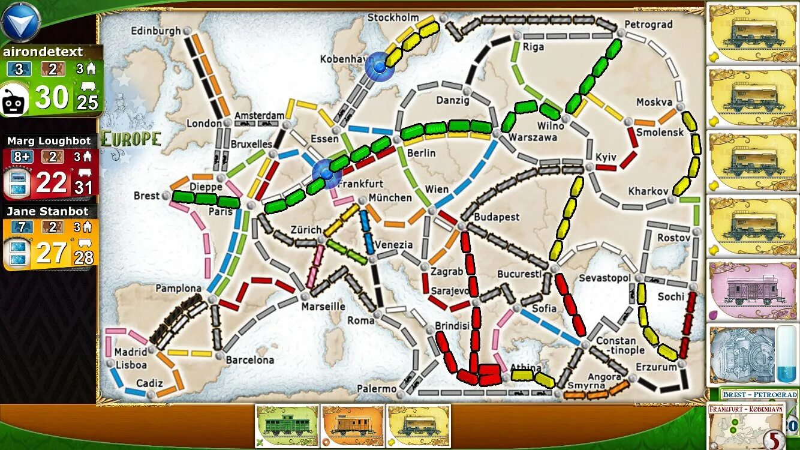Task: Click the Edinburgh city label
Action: [155, 31]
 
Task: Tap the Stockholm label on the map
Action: [393, 17]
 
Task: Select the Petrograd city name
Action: [648, 25]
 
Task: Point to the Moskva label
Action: [654, 102]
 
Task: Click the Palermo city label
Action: [377, 389]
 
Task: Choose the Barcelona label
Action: [249, 360]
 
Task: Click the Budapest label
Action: [497, 217]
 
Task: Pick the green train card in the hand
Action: [287, 426]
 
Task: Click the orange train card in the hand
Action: [352, 426]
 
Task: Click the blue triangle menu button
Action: [20, 22]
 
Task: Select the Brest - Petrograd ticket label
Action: [759, 394]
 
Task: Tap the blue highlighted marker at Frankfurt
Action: [327, 173]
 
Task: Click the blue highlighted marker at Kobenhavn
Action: [379, 66]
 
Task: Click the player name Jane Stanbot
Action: [47, 211]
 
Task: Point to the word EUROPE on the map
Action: [131, 139]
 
